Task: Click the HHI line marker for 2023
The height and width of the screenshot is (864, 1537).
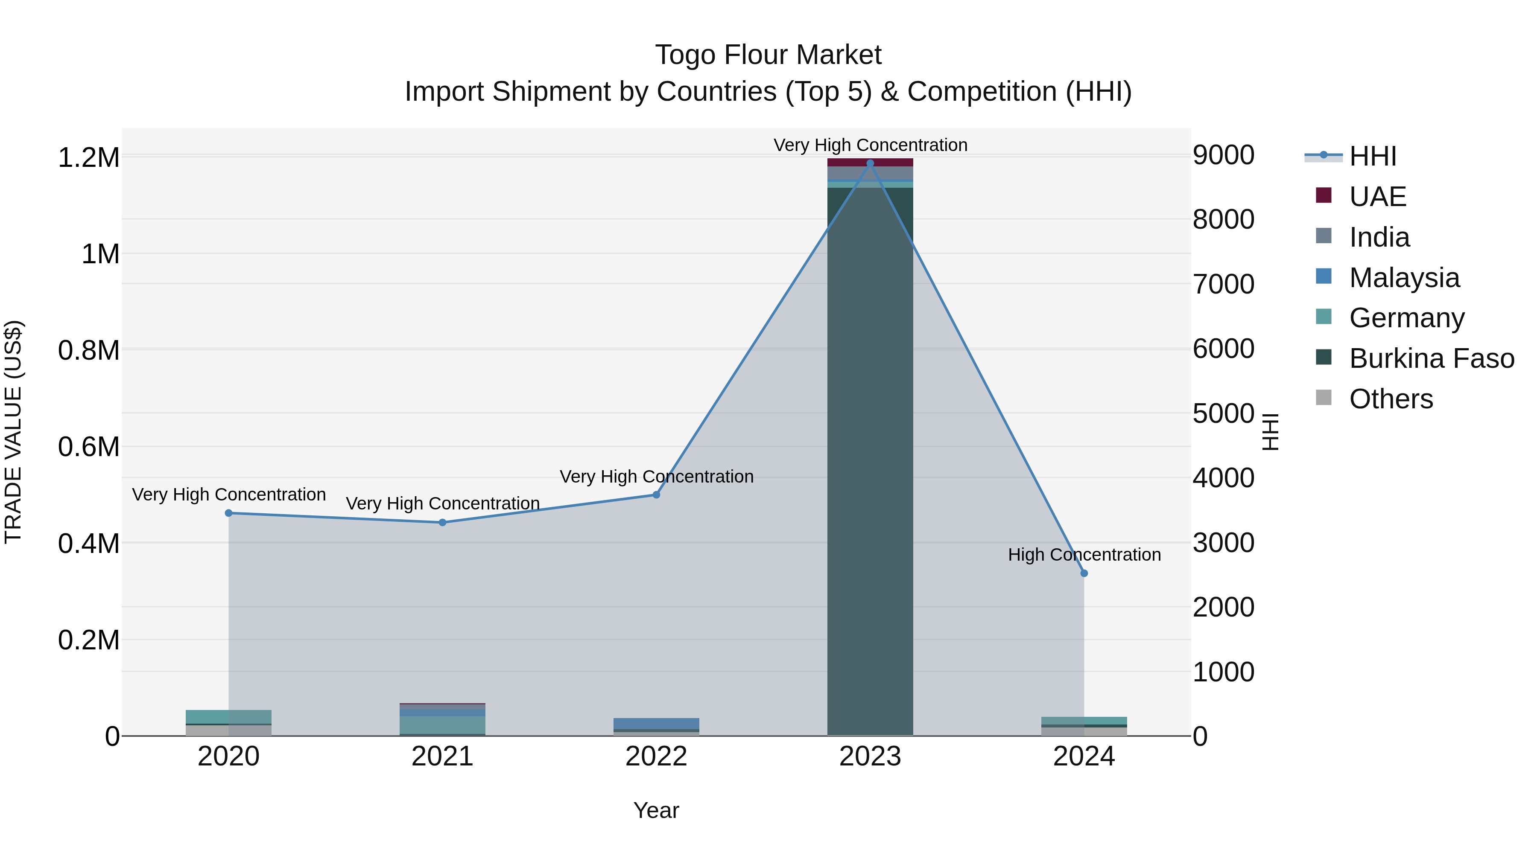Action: (870, 163)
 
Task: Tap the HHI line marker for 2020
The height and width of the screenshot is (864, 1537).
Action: (228, 513)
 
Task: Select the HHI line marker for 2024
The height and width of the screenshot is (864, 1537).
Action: (1084, 573)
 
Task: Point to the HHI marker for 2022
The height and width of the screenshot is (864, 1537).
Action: (656, 495)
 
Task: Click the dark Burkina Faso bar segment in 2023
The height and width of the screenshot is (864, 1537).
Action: (870, 459)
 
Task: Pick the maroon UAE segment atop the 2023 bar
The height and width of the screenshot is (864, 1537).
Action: (870, 162)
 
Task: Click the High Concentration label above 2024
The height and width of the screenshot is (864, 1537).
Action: (1084, 555)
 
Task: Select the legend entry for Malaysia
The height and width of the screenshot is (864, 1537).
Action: (1403, 278)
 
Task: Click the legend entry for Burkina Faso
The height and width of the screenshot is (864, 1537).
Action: (1431, 358)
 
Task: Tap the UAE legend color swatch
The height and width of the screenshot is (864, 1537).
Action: (1324, 195)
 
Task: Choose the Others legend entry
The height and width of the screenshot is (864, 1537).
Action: (1390, 399)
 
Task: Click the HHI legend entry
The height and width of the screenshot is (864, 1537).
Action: (1372, 156)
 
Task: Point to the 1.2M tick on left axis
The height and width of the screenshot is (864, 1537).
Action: (89, 158)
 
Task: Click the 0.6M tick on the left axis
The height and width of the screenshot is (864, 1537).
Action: (89, 447)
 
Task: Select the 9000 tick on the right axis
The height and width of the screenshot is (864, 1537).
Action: (1223, 155)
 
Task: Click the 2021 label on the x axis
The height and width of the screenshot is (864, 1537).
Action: (442, 756)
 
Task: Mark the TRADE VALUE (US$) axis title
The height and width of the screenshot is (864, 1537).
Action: (14, 432)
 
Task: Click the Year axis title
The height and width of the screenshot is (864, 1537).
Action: (656, 810)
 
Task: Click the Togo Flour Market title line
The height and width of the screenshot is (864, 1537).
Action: (768, 55)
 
